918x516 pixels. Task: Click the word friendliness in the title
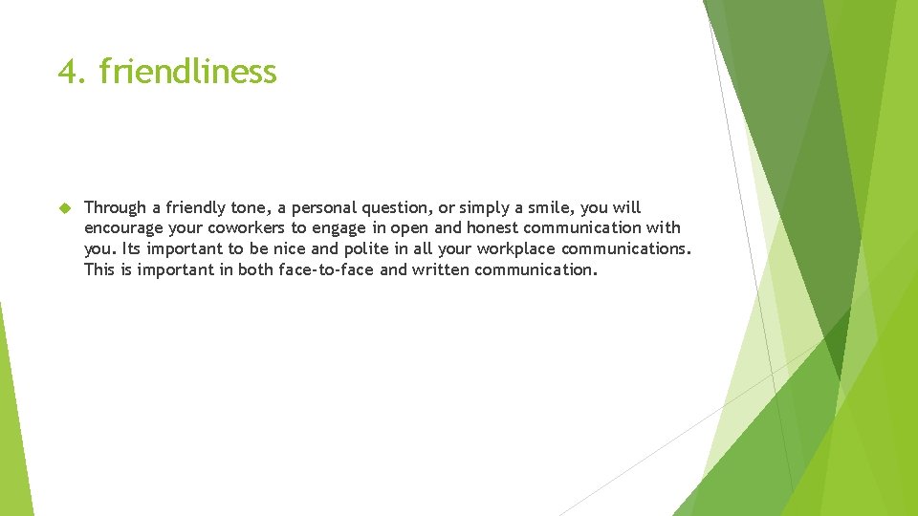187,72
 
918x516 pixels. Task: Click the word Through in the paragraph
116,207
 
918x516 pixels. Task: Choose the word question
395,207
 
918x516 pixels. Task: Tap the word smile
560,207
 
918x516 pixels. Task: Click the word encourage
121,227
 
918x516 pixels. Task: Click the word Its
132,248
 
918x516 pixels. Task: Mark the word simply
488,207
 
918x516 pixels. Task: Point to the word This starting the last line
99,269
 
